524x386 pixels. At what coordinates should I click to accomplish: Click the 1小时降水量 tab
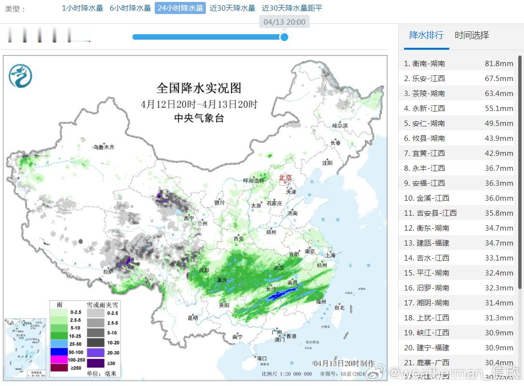pyautogui.click(x=82, y=8)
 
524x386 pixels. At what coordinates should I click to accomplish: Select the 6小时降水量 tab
pyautogui.click(x=130, y=8)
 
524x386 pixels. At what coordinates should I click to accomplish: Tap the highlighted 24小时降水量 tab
pyautogui.click(x=180, y=8)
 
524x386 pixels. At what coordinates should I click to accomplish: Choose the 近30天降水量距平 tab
pyautogui.click(x=292, y=8)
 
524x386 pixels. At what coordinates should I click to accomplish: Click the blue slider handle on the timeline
pyautogui.click(x=284, y=37)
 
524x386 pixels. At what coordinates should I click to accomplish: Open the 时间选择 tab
pyautogui.click(x=471, y=35)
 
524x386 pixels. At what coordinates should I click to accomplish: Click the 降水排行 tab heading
pyautogui.click(x=426, y=35)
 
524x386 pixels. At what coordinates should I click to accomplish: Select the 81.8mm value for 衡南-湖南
pyautogui.click(x=499, y=64)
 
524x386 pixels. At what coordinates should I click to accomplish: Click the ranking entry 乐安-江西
pyautogui.click(x=429, y=79)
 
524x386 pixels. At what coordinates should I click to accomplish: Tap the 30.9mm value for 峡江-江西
pyautogui.click(x=499, y=333)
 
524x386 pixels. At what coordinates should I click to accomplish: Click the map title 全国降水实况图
pyautogui.click(x=199, y=88)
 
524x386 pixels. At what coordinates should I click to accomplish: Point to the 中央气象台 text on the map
pyautogui.click(x=199, y=118)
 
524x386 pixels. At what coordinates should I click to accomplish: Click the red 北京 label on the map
pyautogui.click(x=285, y=178)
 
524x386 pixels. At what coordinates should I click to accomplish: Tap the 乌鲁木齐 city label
pyautogui.click(x=104, y=147)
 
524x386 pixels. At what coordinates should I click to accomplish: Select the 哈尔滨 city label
pyautogui.click(x=340, y=125)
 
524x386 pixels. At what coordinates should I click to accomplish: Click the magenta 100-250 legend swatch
pyautogui.click(x=60, y=360)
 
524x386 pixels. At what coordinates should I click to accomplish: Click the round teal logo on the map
pyautogui.click(x=20, y=76)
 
